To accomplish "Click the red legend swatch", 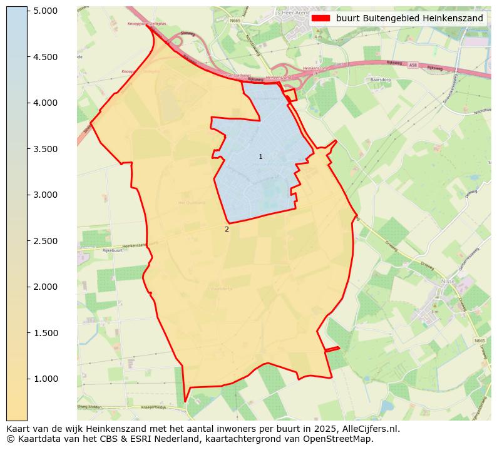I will coord(320,18).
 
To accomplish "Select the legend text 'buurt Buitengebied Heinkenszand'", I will coord(409,18).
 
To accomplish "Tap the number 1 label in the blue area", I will coord(260,156).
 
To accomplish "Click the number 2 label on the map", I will coord(227,229).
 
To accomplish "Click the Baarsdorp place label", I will coord(380,80).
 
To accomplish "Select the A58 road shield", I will coord(413,64).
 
